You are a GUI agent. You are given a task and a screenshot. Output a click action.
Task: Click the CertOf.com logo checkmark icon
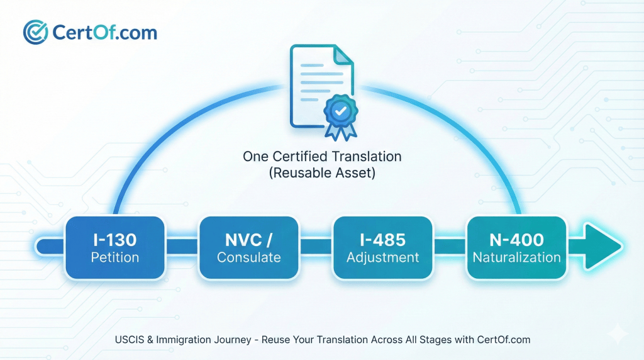pos(36,31)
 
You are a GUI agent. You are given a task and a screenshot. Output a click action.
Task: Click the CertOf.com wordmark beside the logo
pos(106,31)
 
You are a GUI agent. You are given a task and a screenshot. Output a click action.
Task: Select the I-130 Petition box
pos(114,248)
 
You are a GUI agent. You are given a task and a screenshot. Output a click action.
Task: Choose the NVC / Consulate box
pos(248,248)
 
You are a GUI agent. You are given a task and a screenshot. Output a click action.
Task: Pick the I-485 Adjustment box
pos(382,248)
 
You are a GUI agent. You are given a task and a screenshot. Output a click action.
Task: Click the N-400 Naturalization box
pos(516,248)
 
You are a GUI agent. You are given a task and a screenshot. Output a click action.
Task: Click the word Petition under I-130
pos(114,257)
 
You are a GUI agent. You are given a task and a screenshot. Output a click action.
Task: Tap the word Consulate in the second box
pos(248,257)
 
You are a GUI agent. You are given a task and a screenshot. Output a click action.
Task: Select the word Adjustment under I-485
pos(382,257)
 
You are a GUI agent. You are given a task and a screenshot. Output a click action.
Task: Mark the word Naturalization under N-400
pos(516,257)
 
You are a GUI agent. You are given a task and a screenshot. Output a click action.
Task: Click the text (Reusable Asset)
pos(321,173)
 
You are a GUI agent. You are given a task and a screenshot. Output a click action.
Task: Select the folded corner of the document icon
pos(343,54)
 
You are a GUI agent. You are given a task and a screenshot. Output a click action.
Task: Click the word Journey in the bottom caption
pos(219,339)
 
